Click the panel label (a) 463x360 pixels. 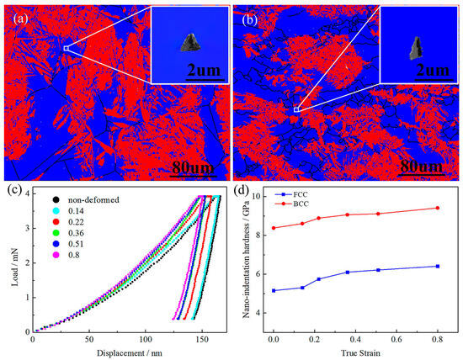[21, 19]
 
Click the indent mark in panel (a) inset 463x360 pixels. [190, 43]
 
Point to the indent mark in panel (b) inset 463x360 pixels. [416, 48]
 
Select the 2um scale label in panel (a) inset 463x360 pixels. [204, 70]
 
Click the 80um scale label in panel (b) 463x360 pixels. [422, 167]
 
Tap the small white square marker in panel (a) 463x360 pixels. [66, 49]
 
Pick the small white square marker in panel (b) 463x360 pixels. [296, 110]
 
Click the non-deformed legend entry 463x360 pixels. [86, 200]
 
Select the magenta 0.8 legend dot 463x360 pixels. [56, 255]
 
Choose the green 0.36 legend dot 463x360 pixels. [56, 233]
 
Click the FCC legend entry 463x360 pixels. [291, 194]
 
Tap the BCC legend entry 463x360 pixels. [291, 204]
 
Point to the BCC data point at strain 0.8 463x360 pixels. [438, 208]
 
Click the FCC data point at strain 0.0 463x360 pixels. [274, 291]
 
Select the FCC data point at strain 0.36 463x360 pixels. [348, 272]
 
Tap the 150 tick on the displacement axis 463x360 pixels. [202, 339]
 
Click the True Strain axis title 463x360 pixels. [360, 353]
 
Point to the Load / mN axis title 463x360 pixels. [14, 267]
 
